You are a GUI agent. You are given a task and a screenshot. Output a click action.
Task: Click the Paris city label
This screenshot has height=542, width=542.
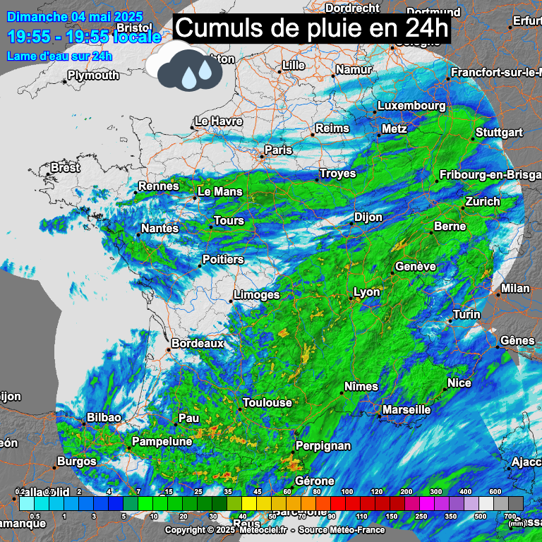pyautogui.click(x=278, y=150)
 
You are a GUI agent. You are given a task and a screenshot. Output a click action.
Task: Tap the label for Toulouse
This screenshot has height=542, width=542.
pyautogui.click(x=267, y=402)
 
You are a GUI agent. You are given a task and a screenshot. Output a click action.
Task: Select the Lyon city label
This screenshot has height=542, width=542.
pyautogui.click(x=366, y=292)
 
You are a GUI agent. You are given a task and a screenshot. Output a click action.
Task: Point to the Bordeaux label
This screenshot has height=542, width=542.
pyautogui.click(x=198, y=343)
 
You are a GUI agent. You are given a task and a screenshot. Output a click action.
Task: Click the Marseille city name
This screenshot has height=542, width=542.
pyautogui.click(x=406, y=409)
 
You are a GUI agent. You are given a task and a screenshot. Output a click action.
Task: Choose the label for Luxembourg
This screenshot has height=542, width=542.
pyautogui.click(x=411, y=105)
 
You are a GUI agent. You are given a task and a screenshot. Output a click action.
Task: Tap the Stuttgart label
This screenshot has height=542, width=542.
pyautogui.click(x=499, y=132)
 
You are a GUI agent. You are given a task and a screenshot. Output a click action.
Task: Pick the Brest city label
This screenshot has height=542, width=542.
pyautogui.click(x=65, y=168)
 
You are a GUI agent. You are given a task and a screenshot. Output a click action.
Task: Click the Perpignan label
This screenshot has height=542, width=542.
pyautogui.click(x=323, y=445)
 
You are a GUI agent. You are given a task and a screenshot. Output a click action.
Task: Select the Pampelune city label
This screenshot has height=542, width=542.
pyautogui.click(x=162, y=441)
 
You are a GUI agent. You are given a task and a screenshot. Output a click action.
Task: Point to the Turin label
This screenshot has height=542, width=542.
pyautogui.click(x=466, y=314)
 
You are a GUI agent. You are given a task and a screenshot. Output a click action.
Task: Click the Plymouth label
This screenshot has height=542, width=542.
pyautogui.click(x=94, y=75)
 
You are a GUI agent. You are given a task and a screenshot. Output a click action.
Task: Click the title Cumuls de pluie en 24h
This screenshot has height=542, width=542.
pyautogui.click(x=311, y=29)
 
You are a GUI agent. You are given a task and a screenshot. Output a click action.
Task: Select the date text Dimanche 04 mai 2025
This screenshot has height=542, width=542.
pyautogui.click(x=75, y=16)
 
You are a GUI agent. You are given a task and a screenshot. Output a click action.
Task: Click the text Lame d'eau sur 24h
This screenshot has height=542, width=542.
pyautogui.click(x=59, y=56)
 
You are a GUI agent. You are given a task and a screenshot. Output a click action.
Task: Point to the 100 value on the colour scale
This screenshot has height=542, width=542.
pyautogui.click(x=347, y=491)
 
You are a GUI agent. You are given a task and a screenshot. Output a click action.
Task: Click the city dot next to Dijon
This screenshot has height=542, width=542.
pyautogui.click(x=351, y=224)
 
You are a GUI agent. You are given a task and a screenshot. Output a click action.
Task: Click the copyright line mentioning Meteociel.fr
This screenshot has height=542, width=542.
pyautogui.click(x=275, y=530)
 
